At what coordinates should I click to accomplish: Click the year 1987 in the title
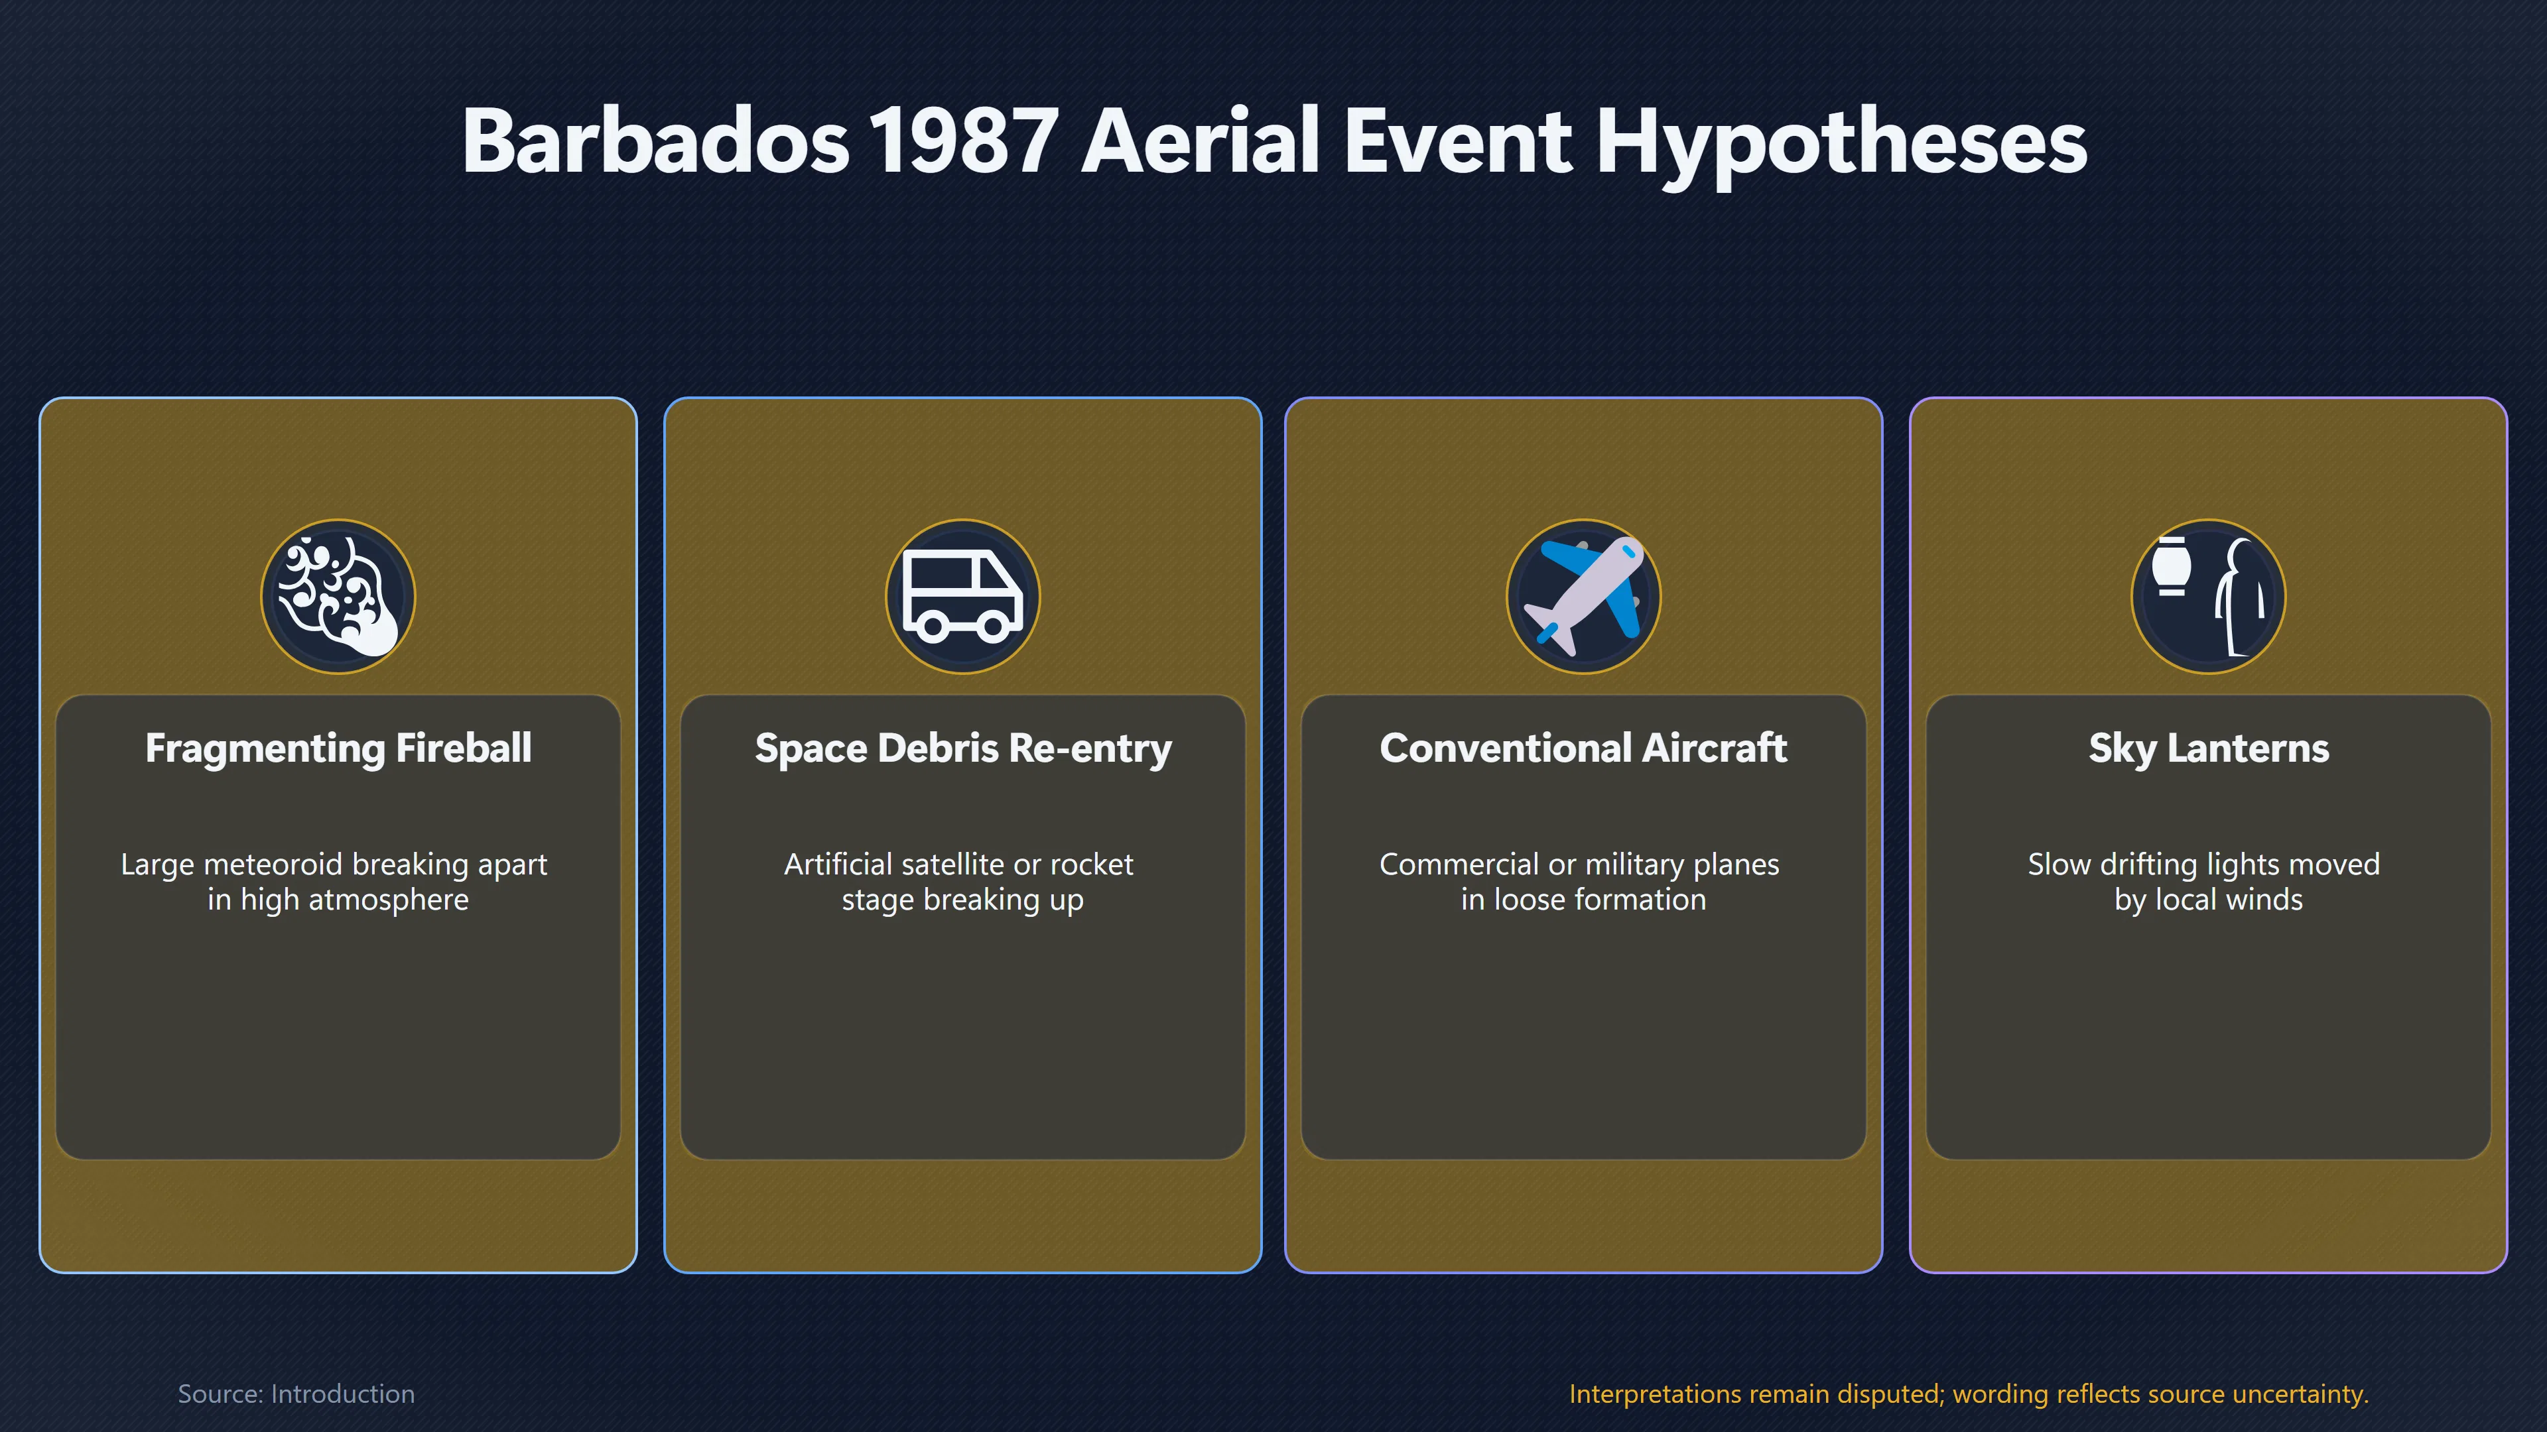(x=963, y=141)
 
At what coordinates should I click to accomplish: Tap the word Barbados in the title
(x=655, y=141)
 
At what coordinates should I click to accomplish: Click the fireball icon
(x=338, y=596)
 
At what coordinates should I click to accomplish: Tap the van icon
(x=962, y=597)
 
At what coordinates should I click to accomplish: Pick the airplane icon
(x=1584, y=596)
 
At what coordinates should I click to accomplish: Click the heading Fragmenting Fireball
(x=338, y=748)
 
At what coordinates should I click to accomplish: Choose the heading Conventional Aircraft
(x=1583, y=748)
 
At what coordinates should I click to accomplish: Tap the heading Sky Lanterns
(x=2209, y=748)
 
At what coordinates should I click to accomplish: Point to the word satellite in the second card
(x=945, y=864)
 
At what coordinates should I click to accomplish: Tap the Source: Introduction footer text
(x=296, y=1394)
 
